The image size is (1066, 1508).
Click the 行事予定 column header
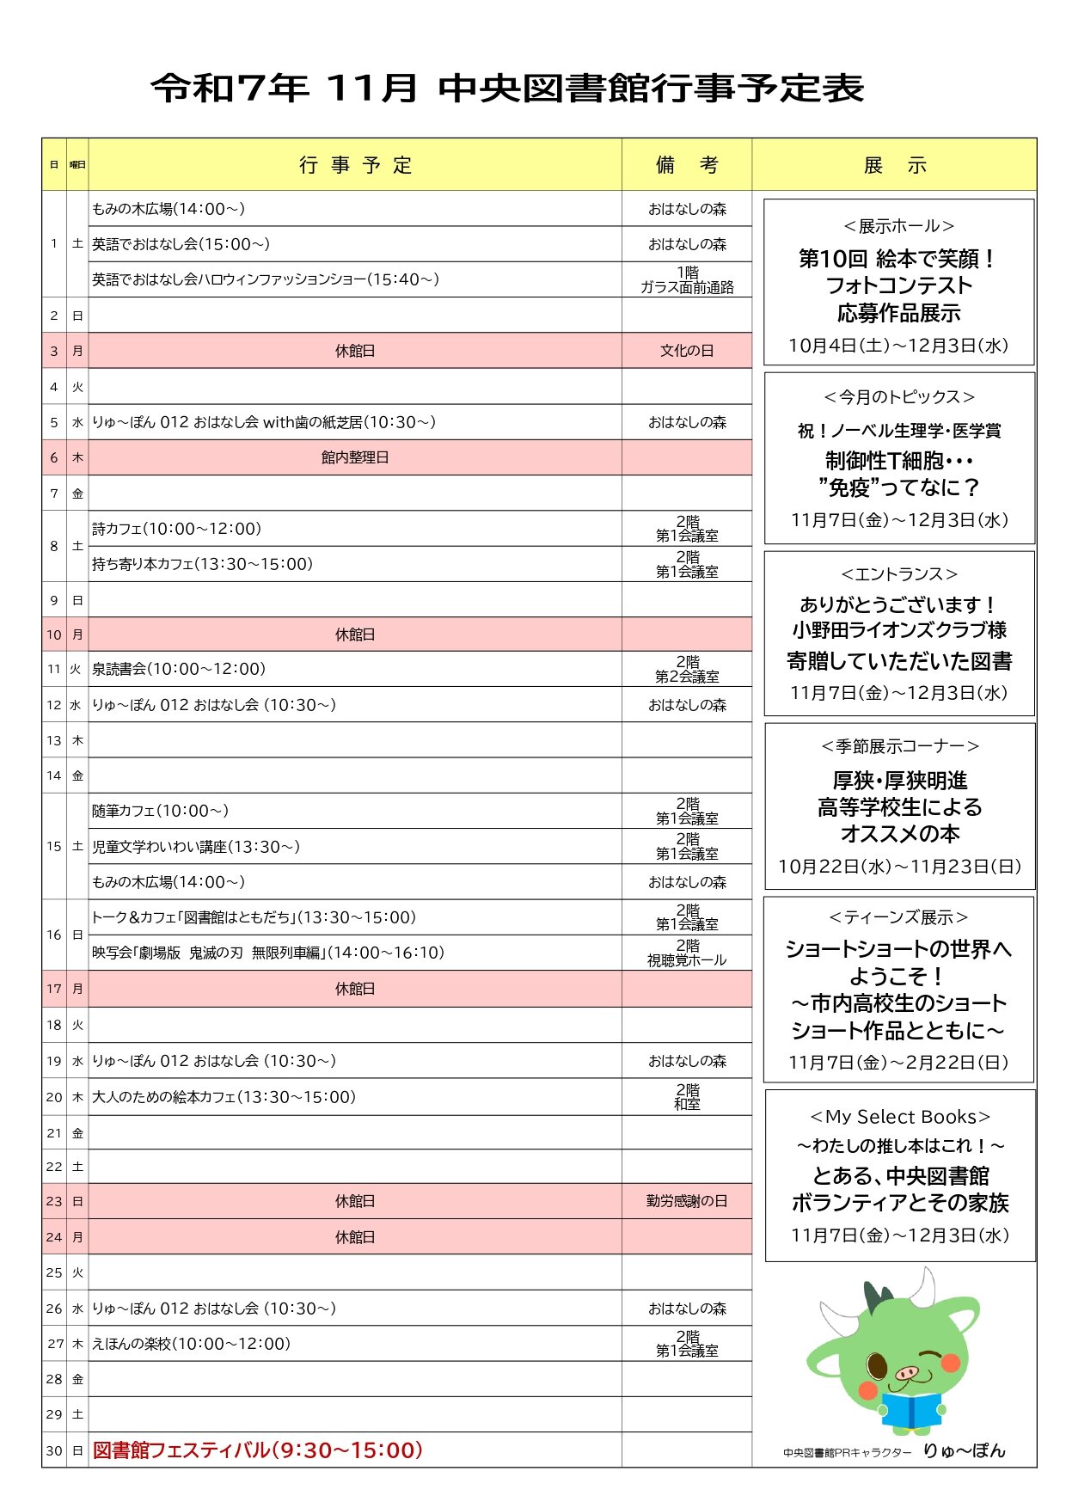point(355,165)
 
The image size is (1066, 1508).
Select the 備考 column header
point(686,165)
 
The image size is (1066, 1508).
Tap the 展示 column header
point(894,165)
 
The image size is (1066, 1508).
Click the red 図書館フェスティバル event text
point(258,1450)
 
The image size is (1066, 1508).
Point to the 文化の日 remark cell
point(686,351)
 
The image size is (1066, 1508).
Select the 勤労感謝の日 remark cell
point(686,1201)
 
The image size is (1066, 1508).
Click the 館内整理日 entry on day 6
point(355,457)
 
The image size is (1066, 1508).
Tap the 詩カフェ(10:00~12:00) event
point(176,529)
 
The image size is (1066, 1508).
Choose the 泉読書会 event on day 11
point(179,669)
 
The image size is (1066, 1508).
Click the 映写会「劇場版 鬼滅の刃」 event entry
point(268,953)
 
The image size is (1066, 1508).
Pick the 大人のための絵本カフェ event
point(224,1097)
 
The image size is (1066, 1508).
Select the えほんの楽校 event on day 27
point(191,1344)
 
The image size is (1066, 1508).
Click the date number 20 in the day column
point(54,1097)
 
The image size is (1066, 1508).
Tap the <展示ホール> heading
point(898,226)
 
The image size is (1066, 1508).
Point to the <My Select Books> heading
point(899,1117)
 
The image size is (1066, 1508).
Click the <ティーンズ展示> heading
point(898,917)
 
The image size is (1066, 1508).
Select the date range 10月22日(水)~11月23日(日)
point(899,867)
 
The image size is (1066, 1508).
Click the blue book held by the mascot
point(911,1410)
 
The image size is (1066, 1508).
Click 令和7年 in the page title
point(230,89)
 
